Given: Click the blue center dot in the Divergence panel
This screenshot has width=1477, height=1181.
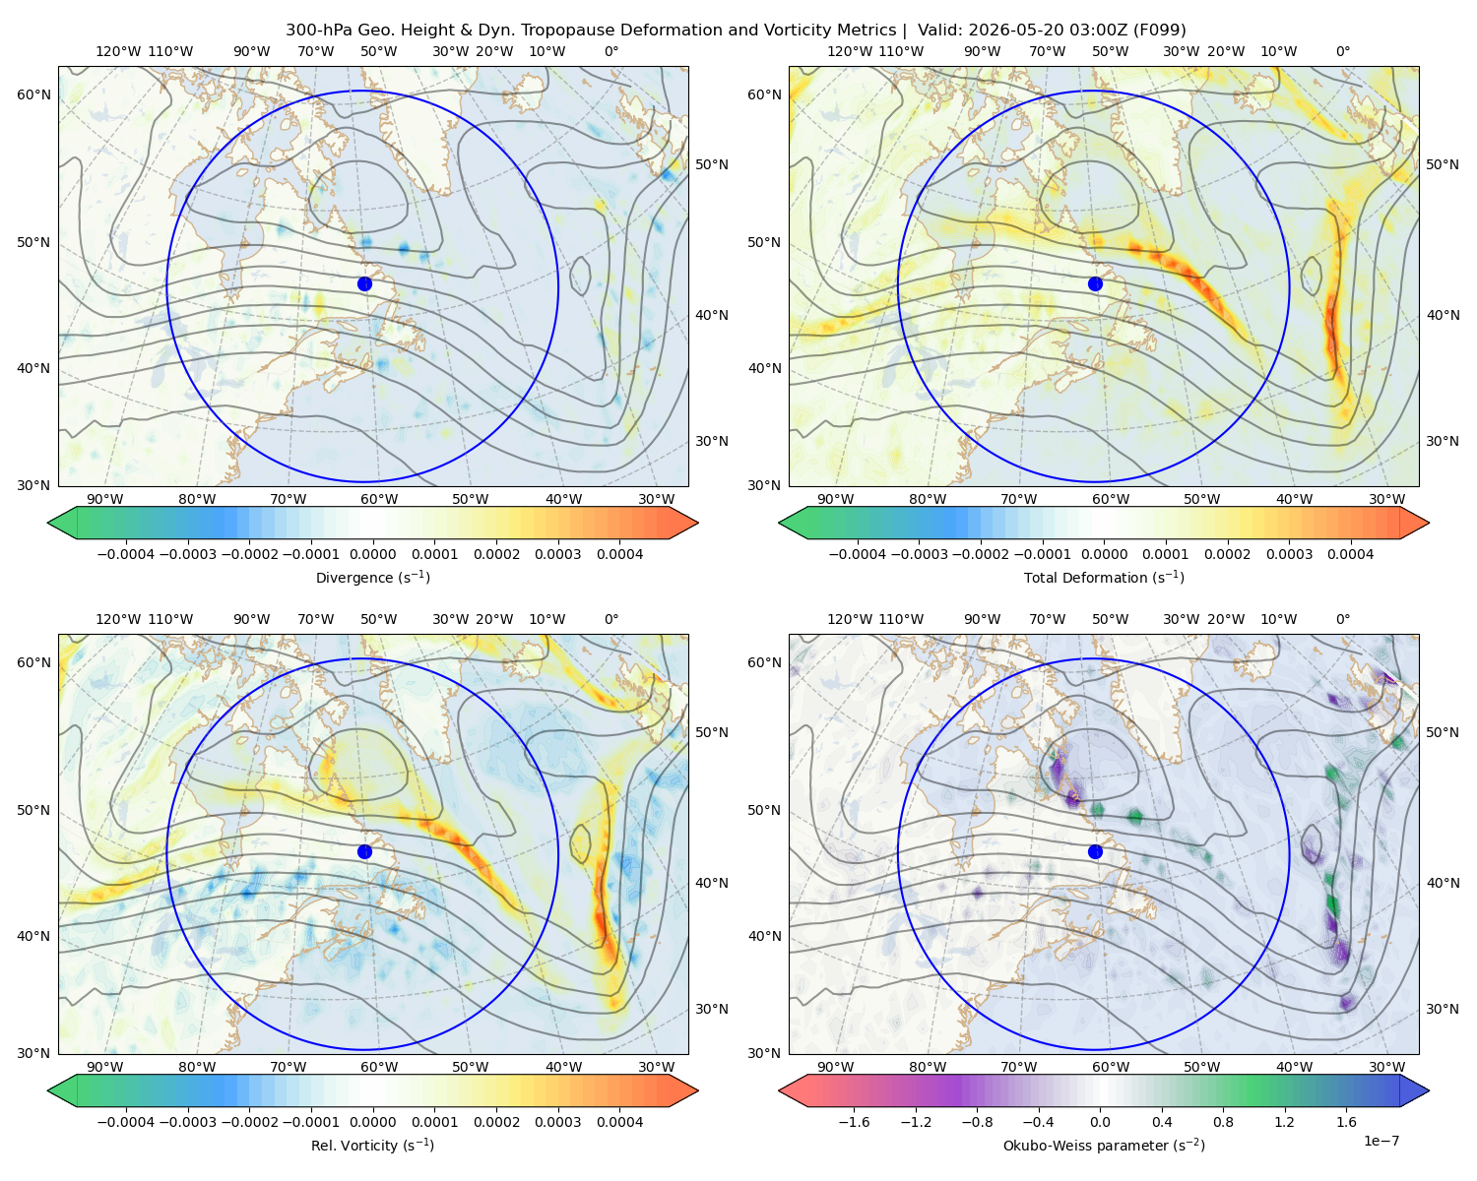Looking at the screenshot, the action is pos(364,284).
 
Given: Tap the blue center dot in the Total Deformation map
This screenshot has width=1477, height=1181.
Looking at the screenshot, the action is pos(1095,284).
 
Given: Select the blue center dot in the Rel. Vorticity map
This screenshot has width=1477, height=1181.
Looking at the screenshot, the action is pos(364,851).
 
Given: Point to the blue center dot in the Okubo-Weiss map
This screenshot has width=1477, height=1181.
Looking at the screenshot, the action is pos(1095,851).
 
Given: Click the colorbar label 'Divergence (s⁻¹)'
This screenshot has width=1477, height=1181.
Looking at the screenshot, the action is pos(372,578).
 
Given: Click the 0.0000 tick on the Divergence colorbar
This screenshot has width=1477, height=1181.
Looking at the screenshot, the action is pos(372,554).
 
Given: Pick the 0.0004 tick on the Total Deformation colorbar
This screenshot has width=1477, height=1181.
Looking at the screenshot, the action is pos(1350,554).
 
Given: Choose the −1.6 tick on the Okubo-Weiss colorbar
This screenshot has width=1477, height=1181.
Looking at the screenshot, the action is pos(854,1122).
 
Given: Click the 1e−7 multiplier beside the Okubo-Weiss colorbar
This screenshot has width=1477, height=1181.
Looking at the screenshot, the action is pos(1381,1142).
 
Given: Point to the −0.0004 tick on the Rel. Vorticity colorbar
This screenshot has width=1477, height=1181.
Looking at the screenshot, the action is pos(126,1122).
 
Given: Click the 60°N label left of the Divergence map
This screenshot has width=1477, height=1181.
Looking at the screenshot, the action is pos(33,94).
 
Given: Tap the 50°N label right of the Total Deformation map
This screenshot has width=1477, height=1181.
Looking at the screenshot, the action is pos(1442,164).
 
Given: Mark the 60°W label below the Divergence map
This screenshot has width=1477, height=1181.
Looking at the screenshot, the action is pos(379,500).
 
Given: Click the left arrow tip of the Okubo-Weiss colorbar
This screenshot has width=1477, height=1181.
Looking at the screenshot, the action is pos(780,1090).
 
